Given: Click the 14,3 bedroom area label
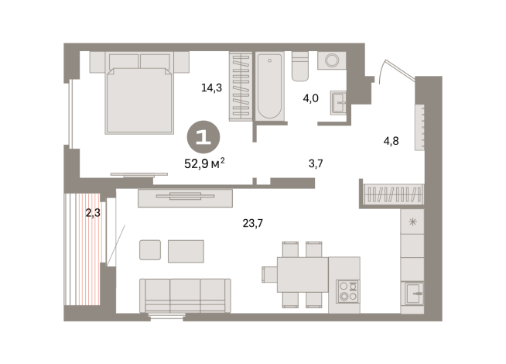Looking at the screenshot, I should tap(212, 88).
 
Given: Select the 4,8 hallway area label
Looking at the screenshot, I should tap(393, 141).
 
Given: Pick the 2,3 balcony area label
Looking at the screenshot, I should tap(93, 213).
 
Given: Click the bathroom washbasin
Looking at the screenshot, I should tap(337, 102).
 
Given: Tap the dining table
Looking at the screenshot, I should tap(303, 273).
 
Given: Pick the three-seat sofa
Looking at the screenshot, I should tap(185, 294).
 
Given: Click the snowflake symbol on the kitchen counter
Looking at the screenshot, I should tap(412, 223).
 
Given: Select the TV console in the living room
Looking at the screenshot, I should tap(184, 198).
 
